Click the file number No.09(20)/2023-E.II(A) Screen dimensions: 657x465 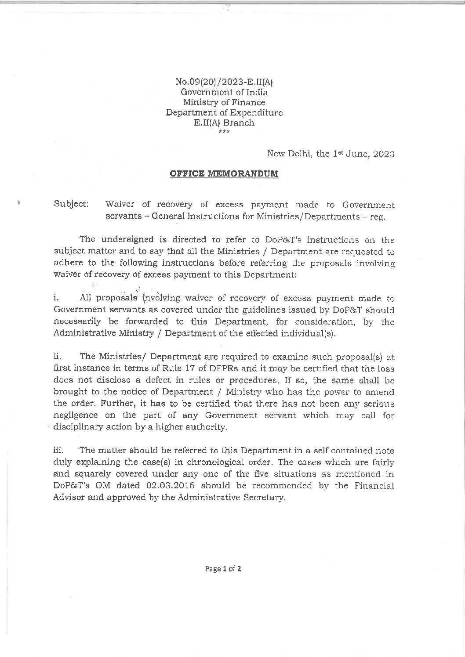pyautogui.click(x=225, y=82)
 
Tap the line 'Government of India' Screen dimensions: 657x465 pyautogui.click(x=225, y=92)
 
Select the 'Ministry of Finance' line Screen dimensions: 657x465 pyautogui.click(x=225, y=102)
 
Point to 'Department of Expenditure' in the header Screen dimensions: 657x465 pyautogui.click(x=224, y=112)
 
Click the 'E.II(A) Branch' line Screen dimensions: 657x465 pyautogui.click(x=225, y=123)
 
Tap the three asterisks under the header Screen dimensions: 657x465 pyautogui.click(x=224, y=131)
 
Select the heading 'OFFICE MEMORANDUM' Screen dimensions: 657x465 pyautogui.click(x=224, y=173)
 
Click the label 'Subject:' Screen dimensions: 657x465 pyautogui.click(x=71, y=205)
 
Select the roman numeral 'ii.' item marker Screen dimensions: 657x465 pyautogui.click(x=57, y=357)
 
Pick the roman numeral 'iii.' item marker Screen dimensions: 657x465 pyautogui.click(x=58, y=451)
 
